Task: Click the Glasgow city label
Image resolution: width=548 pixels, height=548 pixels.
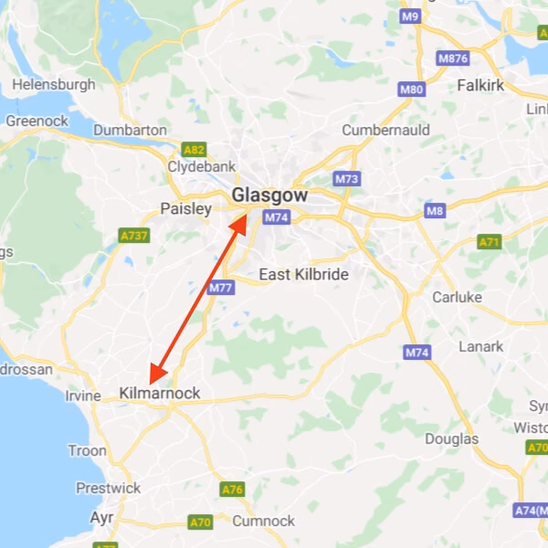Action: click(269, 195)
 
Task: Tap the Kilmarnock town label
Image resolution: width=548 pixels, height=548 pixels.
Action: click(159, 395)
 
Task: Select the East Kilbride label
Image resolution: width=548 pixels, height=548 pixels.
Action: click(303, 274)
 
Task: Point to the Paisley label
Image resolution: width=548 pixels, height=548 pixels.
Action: click(185, 209)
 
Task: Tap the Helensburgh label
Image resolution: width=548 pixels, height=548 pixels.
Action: click(54, 84)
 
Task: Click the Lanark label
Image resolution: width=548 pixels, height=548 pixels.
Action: click(481, 347)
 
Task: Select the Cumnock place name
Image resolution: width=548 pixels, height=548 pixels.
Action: click(264, 521)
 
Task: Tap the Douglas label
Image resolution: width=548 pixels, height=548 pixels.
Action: click(451, 439)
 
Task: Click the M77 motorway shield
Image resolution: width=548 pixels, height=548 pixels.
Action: click(220, 289)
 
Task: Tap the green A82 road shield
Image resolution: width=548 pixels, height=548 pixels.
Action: click(194, 150)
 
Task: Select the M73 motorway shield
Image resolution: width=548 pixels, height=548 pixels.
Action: click(346, 179)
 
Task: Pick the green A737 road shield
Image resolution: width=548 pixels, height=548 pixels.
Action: click(134, 236)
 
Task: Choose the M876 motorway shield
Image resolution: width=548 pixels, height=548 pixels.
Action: click(453, 58)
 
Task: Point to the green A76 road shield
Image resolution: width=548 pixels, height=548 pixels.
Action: click(233, 490)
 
